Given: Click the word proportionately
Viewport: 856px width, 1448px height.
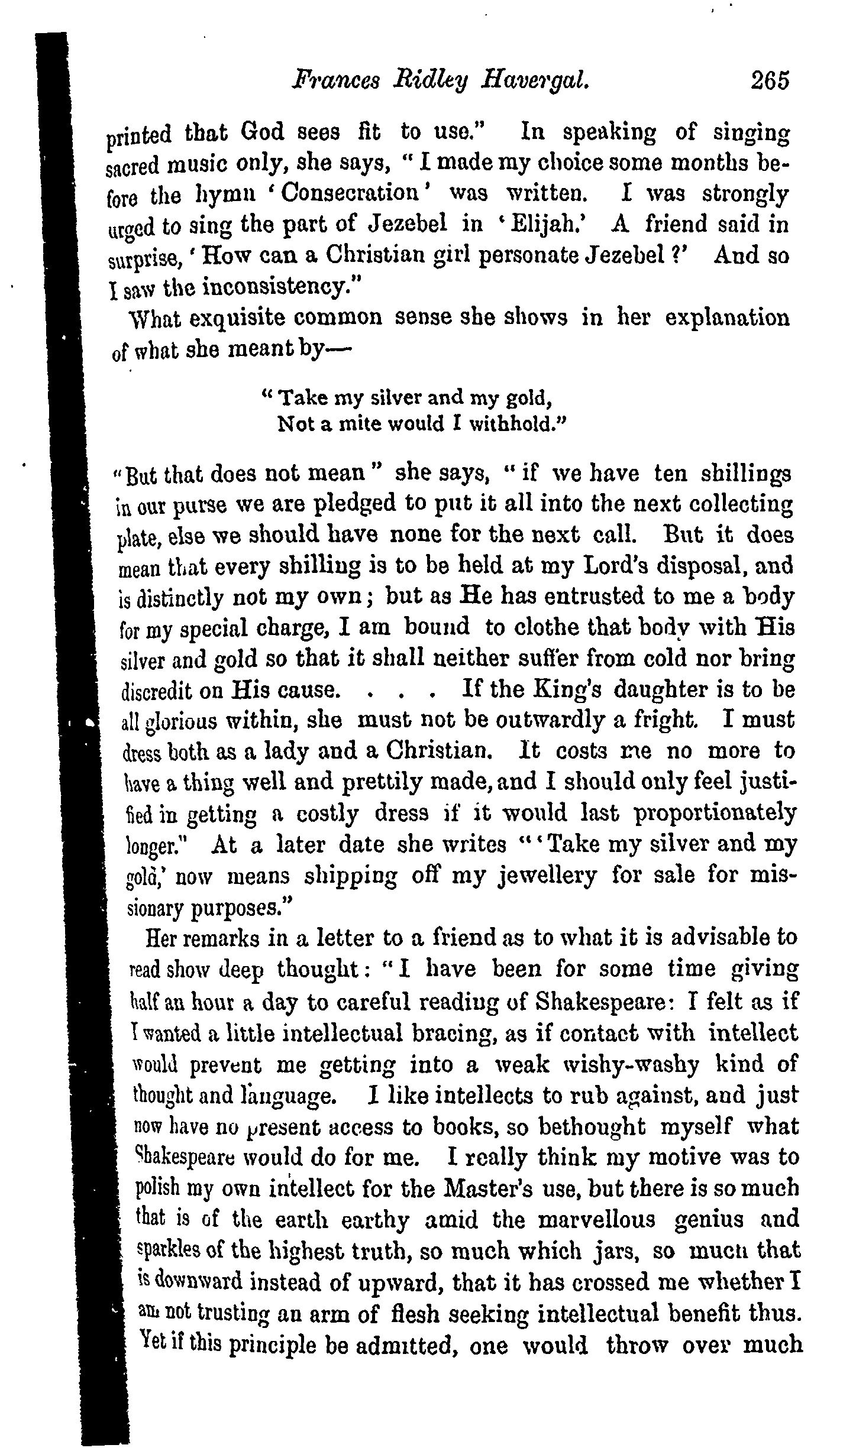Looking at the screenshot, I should click(x=716, y=814).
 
